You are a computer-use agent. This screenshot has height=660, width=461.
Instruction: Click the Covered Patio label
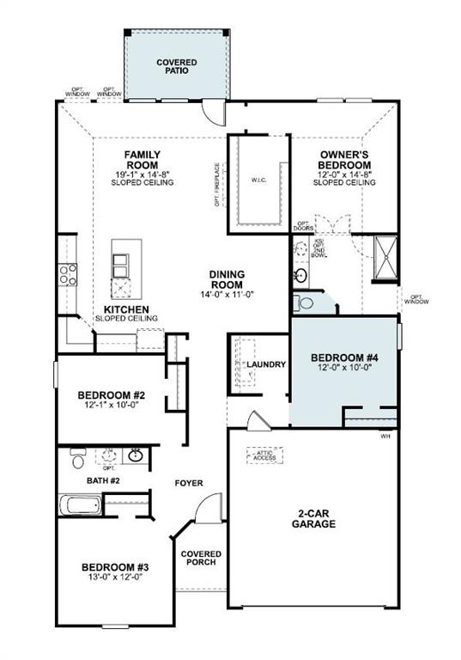(176, 67)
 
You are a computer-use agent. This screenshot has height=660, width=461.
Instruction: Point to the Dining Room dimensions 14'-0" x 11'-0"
(227, 295)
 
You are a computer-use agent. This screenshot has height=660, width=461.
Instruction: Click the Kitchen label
(126, 309)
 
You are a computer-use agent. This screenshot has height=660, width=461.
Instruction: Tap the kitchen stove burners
(67, 275)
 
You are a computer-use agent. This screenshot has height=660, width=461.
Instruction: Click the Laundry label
(265, 364)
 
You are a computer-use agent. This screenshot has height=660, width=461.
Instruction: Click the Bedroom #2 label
(112, 395)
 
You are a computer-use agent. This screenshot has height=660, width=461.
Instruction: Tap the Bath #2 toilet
(77, 457)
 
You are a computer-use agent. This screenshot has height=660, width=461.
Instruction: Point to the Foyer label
(189, 483)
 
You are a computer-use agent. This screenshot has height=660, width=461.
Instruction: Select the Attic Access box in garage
(264, 455)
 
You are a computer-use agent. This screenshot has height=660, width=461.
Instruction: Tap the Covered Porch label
(202, 559)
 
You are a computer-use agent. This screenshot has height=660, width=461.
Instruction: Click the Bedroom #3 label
(115, 567)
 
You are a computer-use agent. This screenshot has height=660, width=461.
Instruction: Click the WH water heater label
(385, 436)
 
